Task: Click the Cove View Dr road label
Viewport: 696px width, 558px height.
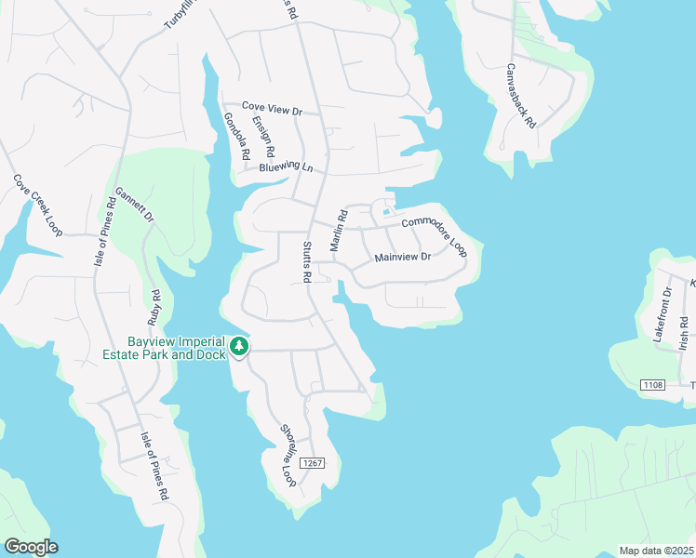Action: tap(273, 110)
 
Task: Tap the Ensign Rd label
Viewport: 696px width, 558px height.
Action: tap(264, 136)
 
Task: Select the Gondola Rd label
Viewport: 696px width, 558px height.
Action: tap(236, 136)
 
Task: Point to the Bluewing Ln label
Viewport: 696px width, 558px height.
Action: tap(286, 168)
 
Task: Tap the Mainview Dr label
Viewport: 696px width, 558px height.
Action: tap(403, 257)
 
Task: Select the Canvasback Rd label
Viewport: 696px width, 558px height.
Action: tap(521, 94)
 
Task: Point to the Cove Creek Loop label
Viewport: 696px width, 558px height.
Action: tap(37, 205)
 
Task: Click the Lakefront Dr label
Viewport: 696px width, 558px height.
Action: tap(662, 316)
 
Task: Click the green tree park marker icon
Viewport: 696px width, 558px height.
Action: tap(240, 347)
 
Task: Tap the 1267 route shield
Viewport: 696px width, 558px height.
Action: tap(313, 463)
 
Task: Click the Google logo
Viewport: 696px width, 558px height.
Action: tap(31, 547)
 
